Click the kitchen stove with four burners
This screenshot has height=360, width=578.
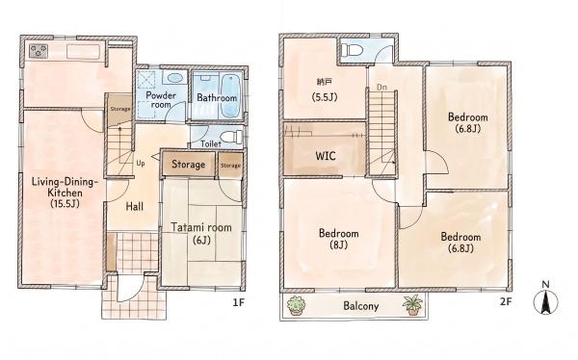(39, 51)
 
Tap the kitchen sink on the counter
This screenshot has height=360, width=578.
(83, 52)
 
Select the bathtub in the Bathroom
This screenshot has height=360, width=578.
(230, 96)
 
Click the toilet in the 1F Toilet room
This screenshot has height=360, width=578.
(232, 137)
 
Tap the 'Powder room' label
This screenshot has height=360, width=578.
(161, 99)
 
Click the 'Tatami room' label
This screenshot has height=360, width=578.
(201, 227)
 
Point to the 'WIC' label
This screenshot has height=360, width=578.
(326, 156)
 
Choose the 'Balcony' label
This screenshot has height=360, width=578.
(361, 306)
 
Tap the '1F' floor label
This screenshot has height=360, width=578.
(239, 302)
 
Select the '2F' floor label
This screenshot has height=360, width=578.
(506, 302)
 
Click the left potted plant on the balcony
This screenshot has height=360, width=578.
(296, 305)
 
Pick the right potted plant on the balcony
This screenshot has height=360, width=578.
(412, 305)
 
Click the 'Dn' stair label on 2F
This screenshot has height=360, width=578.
(381, 88)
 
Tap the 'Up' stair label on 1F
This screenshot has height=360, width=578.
(141, 163)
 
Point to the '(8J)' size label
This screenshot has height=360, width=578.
(338, 244)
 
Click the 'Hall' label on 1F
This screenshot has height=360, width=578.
(135, 206)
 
